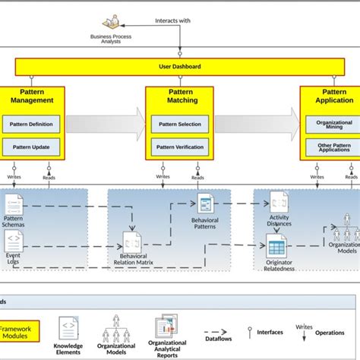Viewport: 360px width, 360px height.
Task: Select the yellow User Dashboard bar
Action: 180,67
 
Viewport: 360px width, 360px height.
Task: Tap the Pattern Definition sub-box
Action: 31,125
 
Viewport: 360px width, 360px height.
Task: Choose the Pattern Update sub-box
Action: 31,147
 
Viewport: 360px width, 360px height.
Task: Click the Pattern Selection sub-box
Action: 179,125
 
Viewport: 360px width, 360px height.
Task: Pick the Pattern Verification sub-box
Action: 179,147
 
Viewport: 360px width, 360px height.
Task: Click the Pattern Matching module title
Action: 179,96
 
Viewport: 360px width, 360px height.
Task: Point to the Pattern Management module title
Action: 31,96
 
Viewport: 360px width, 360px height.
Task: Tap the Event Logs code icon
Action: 14,242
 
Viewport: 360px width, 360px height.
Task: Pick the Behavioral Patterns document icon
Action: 205,203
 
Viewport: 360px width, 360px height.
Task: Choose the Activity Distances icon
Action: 279,203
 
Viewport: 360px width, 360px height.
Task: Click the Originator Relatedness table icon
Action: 276,246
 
